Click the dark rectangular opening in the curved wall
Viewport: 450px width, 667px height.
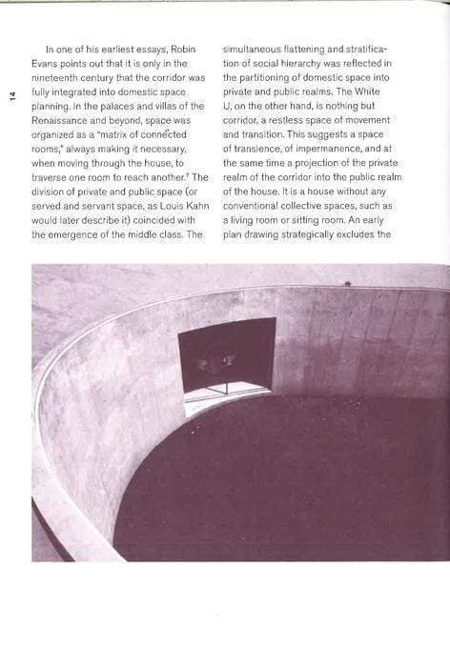click(x=228, y=354)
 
